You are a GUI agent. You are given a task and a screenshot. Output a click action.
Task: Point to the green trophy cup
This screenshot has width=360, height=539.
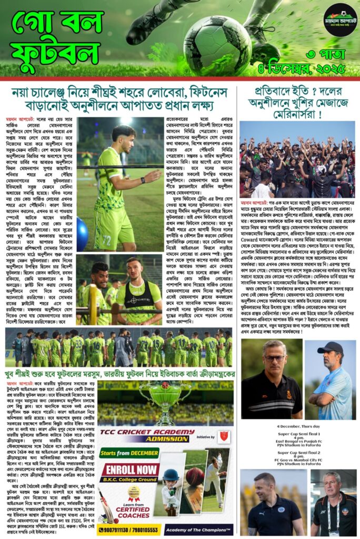tap(165, 394)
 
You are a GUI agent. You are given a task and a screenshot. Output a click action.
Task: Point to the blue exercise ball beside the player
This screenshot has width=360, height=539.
tap(82, 234)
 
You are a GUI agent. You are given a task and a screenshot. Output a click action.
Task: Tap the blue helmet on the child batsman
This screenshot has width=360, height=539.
tap(171, 474)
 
